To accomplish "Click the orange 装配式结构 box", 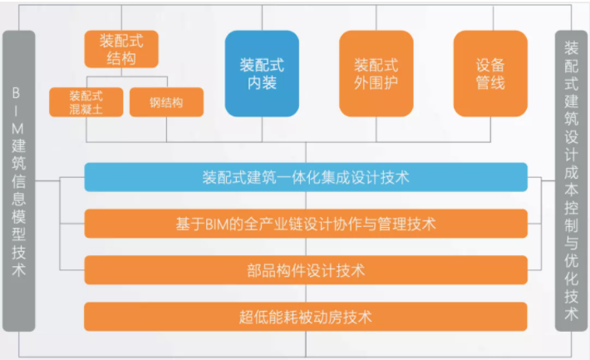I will pyautogui.click(x=121, y=49).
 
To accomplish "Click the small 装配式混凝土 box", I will pyautogui.click(x=86, y=102).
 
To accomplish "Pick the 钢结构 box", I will pyautogui.click(x=166, y=102).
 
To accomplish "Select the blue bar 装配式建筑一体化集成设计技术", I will pyautogui.click(x=306, y=177).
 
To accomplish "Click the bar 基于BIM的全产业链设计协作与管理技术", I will pyautogui.click(x=306, y=224).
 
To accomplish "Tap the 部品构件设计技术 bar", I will pyautogui.click(x=306, y=270).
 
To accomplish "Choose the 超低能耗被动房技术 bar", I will pyautogui.click(x=306, y=317).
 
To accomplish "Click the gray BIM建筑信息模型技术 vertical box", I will pyautogui.click(x=19, y=179).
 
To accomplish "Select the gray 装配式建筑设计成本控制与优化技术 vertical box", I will pyautogui.click(x=571, y=179).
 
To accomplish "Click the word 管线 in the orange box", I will pyautogui.click(x=490, y=83).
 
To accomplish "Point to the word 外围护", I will pyautogui.click(x=376, y=83).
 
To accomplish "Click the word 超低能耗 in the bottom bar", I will pyautogui.click(x=264, y=317).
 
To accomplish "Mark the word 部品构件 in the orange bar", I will pyautogui.click(x=274, y=270).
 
